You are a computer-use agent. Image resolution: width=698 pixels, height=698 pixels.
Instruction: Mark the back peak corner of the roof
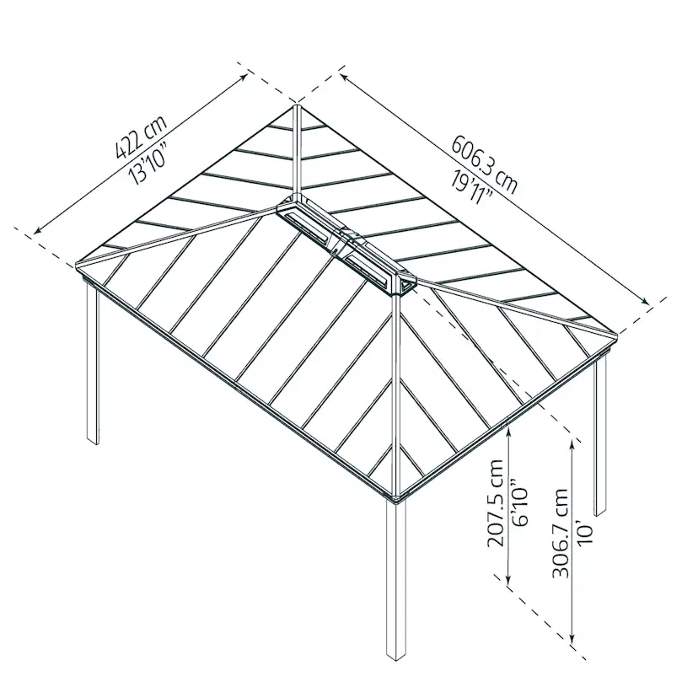(x=297, y=105)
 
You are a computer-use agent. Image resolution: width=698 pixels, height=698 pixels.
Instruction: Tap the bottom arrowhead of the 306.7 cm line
(x=573, y=642)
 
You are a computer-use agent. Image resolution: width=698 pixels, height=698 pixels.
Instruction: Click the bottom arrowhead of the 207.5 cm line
(x=508, y=583)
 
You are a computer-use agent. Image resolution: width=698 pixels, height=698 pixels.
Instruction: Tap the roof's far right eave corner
(x=616, y=336)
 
